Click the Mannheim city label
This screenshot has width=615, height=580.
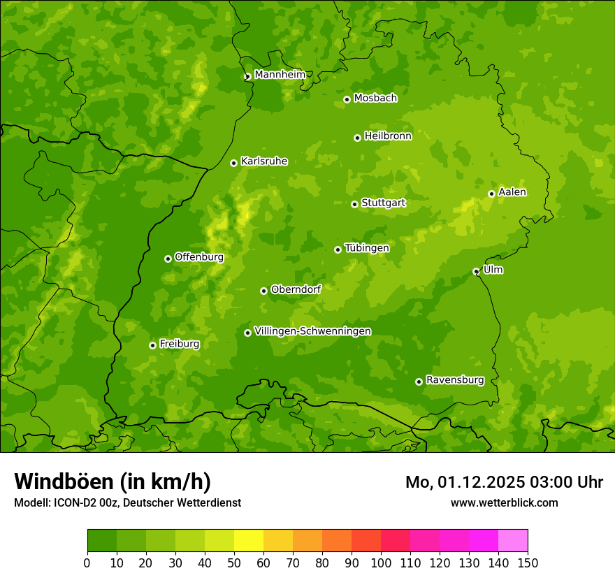tap(280, 75)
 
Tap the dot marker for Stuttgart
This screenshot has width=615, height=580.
tap(354, 204)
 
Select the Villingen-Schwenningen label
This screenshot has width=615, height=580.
tap(312, 331)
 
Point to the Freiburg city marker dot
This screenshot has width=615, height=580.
tap(152, 345)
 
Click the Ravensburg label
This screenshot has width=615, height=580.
tap(455, 380)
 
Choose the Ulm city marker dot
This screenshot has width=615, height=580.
tap(476, 271)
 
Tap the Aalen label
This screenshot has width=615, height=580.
tap(512, 192)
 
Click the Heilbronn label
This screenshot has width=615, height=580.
tap(388, 136)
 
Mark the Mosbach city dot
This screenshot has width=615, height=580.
tap(347, 99)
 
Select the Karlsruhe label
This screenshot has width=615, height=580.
tap(264, 161)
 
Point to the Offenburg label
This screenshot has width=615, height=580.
tap(199, 257)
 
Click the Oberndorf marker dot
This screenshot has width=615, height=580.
tap(263, 291)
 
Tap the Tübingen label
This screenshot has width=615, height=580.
tap(367, 248)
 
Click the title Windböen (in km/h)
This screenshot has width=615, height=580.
tap(113, 481)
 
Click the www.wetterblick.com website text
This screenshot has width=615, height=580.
tap(504, 502)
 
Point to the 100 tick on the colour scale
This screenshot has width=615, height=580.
tap(381, 563)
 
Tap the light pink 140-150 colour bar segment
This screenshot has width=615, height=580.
tap(513, 541)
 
